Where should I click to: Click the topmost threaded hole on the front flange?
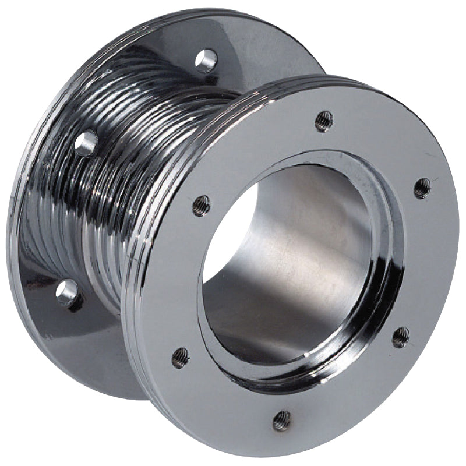tap(323, 121)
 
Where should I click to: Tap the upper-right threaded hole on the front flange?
tap(422, 188)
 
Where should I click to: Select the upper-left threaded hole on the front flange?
tap(201, 205)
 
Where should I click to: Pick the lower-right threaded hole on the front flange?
tap(401, 337)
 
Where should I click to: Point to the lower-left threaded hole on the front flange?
tap(181, 356)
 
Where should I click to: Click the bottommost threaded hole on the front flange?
tap(282, 419)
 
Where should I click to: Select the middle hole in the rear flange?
tap(86, 142)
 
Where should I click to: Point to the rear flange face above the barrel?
tap(256, 52)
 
